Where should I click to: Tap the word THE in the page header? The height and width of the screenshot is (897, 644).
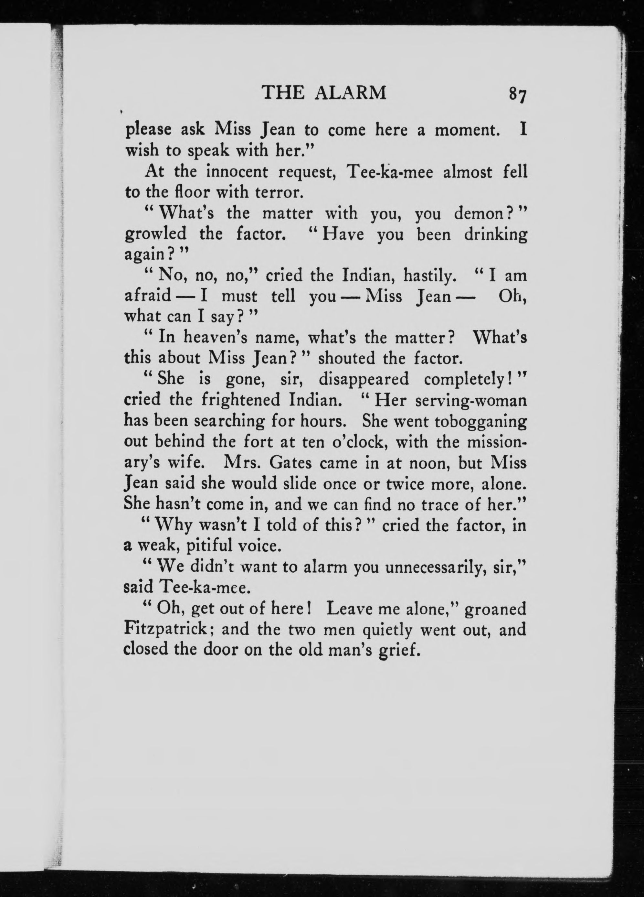(x=283, y=93)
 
